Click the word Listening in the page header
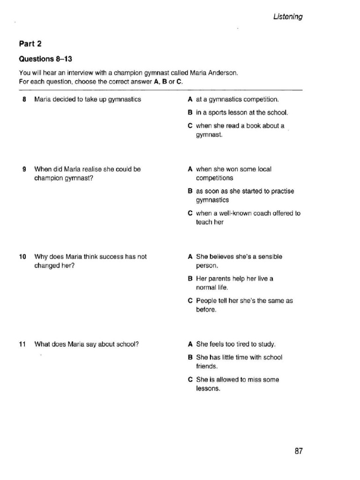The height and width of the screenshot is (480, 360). coord(288,17)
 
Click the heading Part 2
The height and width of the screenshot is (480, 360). coord(30,44)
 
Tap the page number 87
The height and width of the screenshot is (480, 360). coord(299,451)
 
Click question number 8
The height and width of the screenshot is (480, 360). coord(24,99)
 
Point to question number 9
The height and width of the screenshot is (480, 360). coord(24,169)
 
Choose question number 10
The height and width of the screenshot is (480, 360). coord(22,257)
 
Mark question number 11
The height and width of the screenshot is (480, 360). coord(22,344)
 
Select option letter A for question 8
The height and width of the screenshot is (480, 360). coord(190,99)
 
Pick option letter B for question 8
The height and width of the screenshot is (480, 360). coord(190,112)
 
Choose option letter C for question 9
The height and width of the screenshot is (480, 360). coord(190,213)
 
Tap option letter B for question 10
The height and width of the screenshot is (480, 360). coord(190,278)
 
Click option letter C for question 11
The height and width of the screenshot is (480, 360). coord(190,380)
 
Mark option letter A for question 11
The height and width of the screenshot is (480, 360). coord(190,344)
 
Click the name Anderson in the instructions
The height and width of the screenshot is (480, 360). coord(223,73)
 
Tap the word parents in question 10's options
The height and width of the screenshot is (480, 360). coord(223,278)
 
